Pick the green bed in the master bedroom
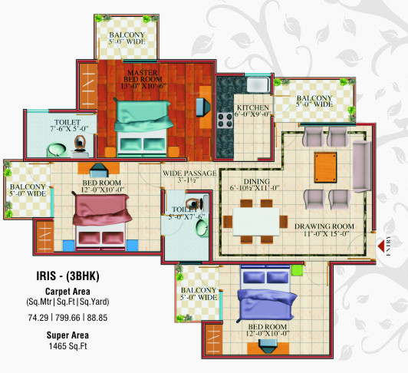click(143, 130)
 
